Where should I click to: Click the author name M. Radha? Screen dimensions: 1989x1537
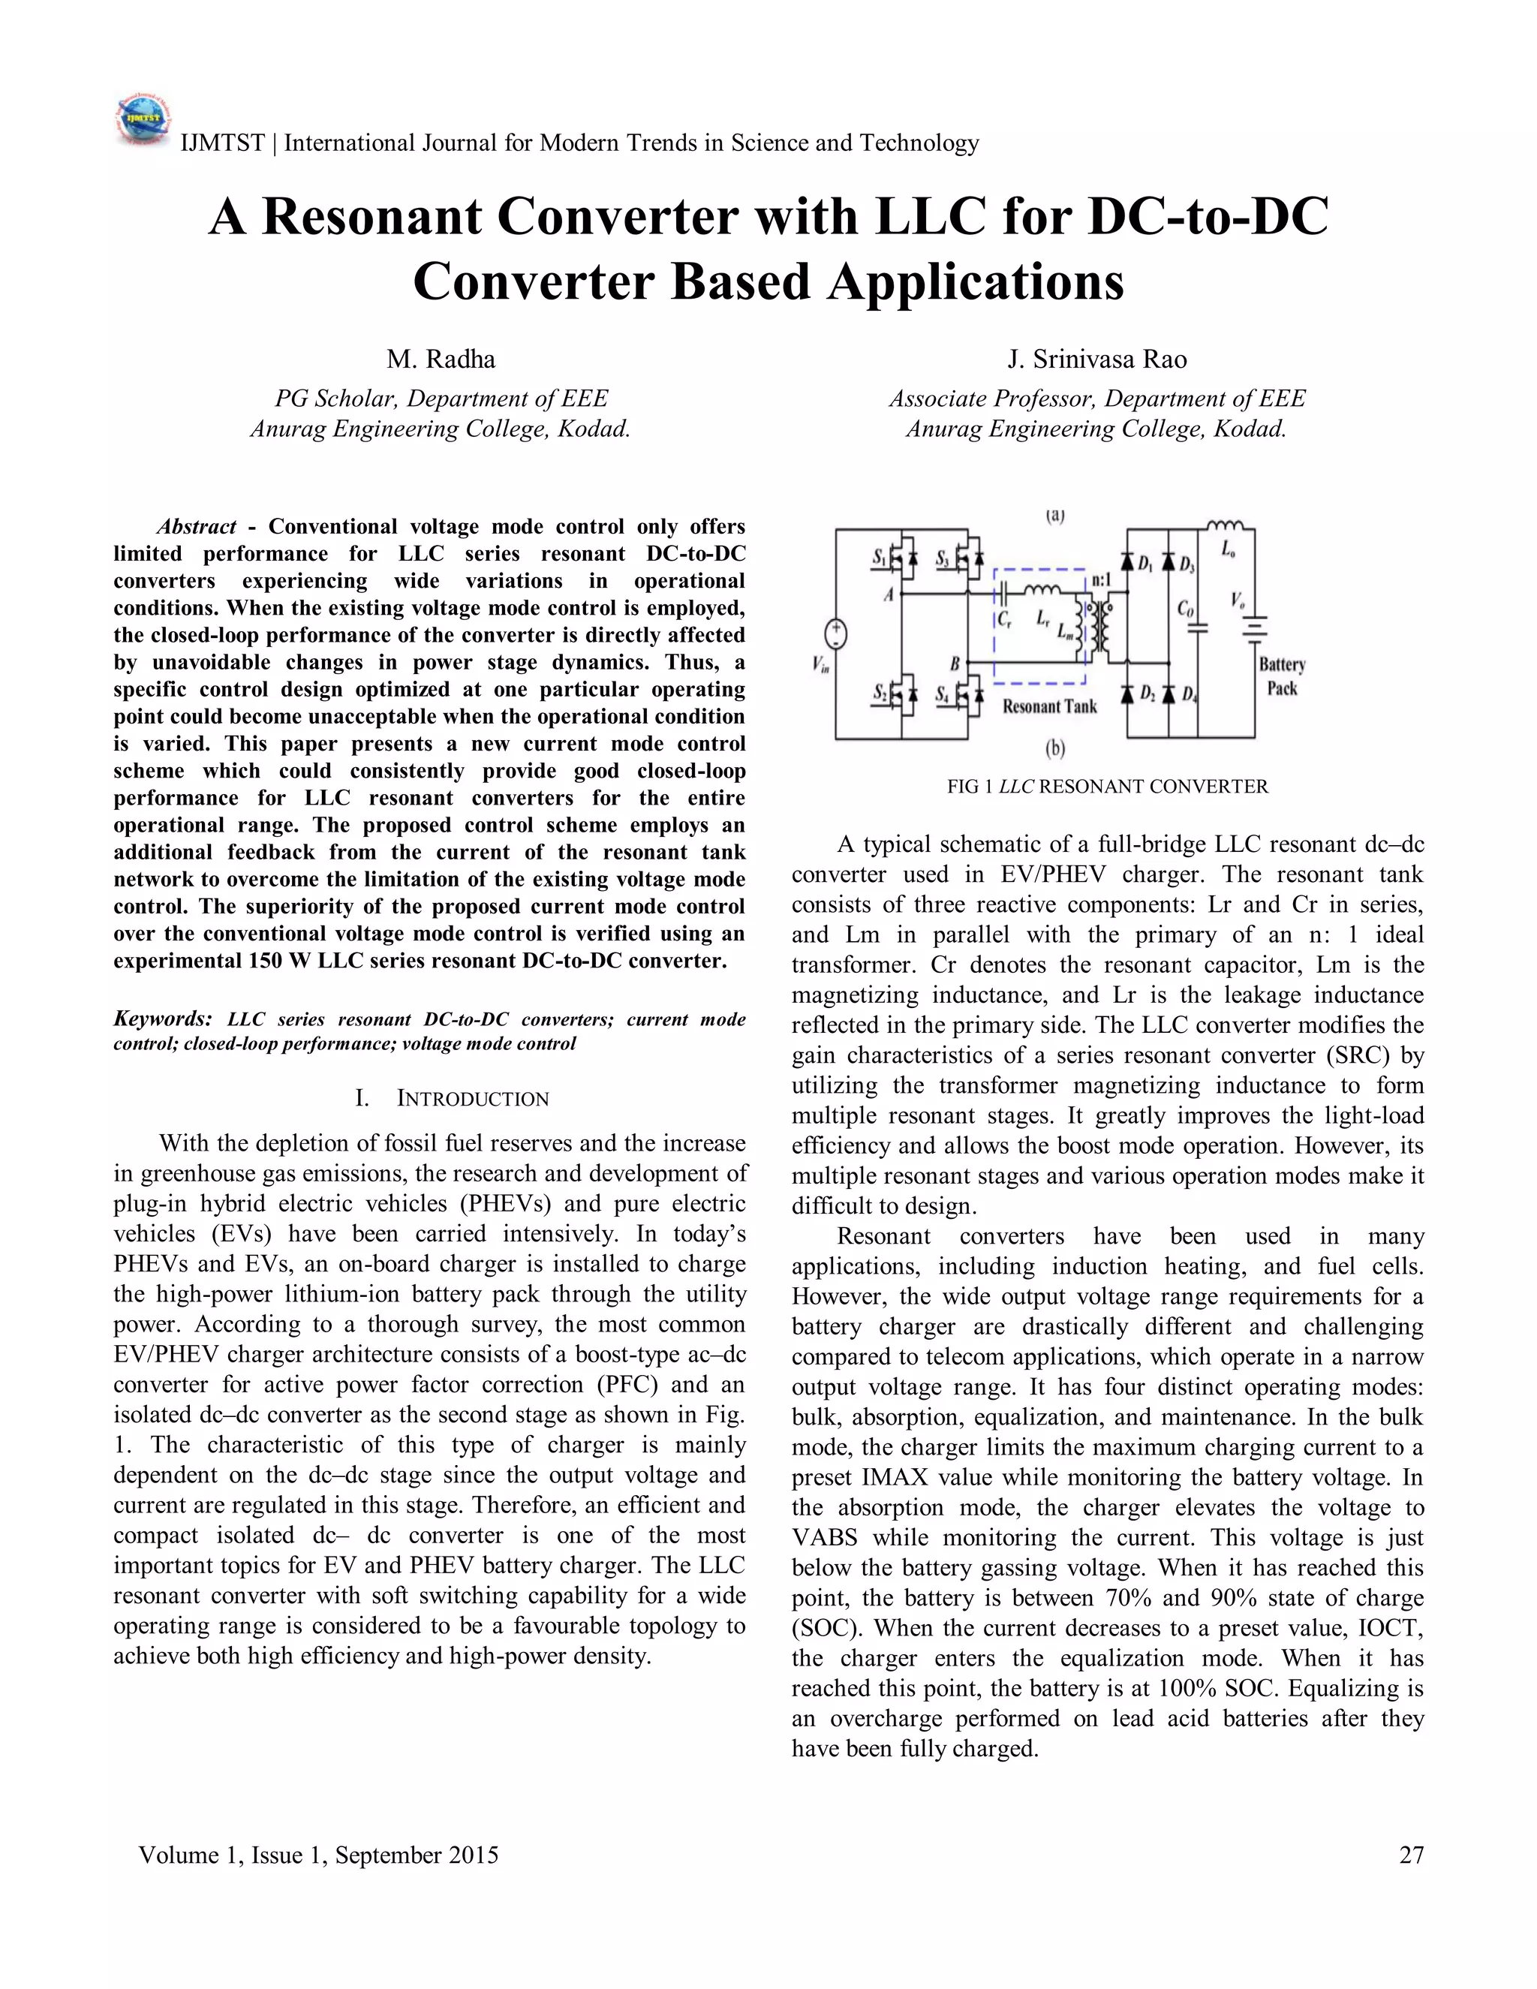coord(441,360)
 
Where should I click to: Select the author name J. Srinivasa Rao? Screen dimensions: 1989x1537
coord(1096,360)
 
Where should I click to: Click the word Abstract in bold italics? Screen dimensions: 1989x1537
coord(197,526)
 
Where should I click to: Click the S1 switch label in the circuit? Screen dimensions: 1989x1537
coord(880,558)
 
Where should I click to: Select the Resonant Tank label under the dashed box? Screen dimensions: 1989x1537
coord(1049,706)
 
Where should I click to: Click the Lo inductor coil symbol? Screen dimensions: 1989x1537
coord(1225,525)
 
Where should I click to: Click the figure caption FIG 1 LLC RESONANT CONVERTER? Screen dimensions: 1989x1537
coord(1107,786)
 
